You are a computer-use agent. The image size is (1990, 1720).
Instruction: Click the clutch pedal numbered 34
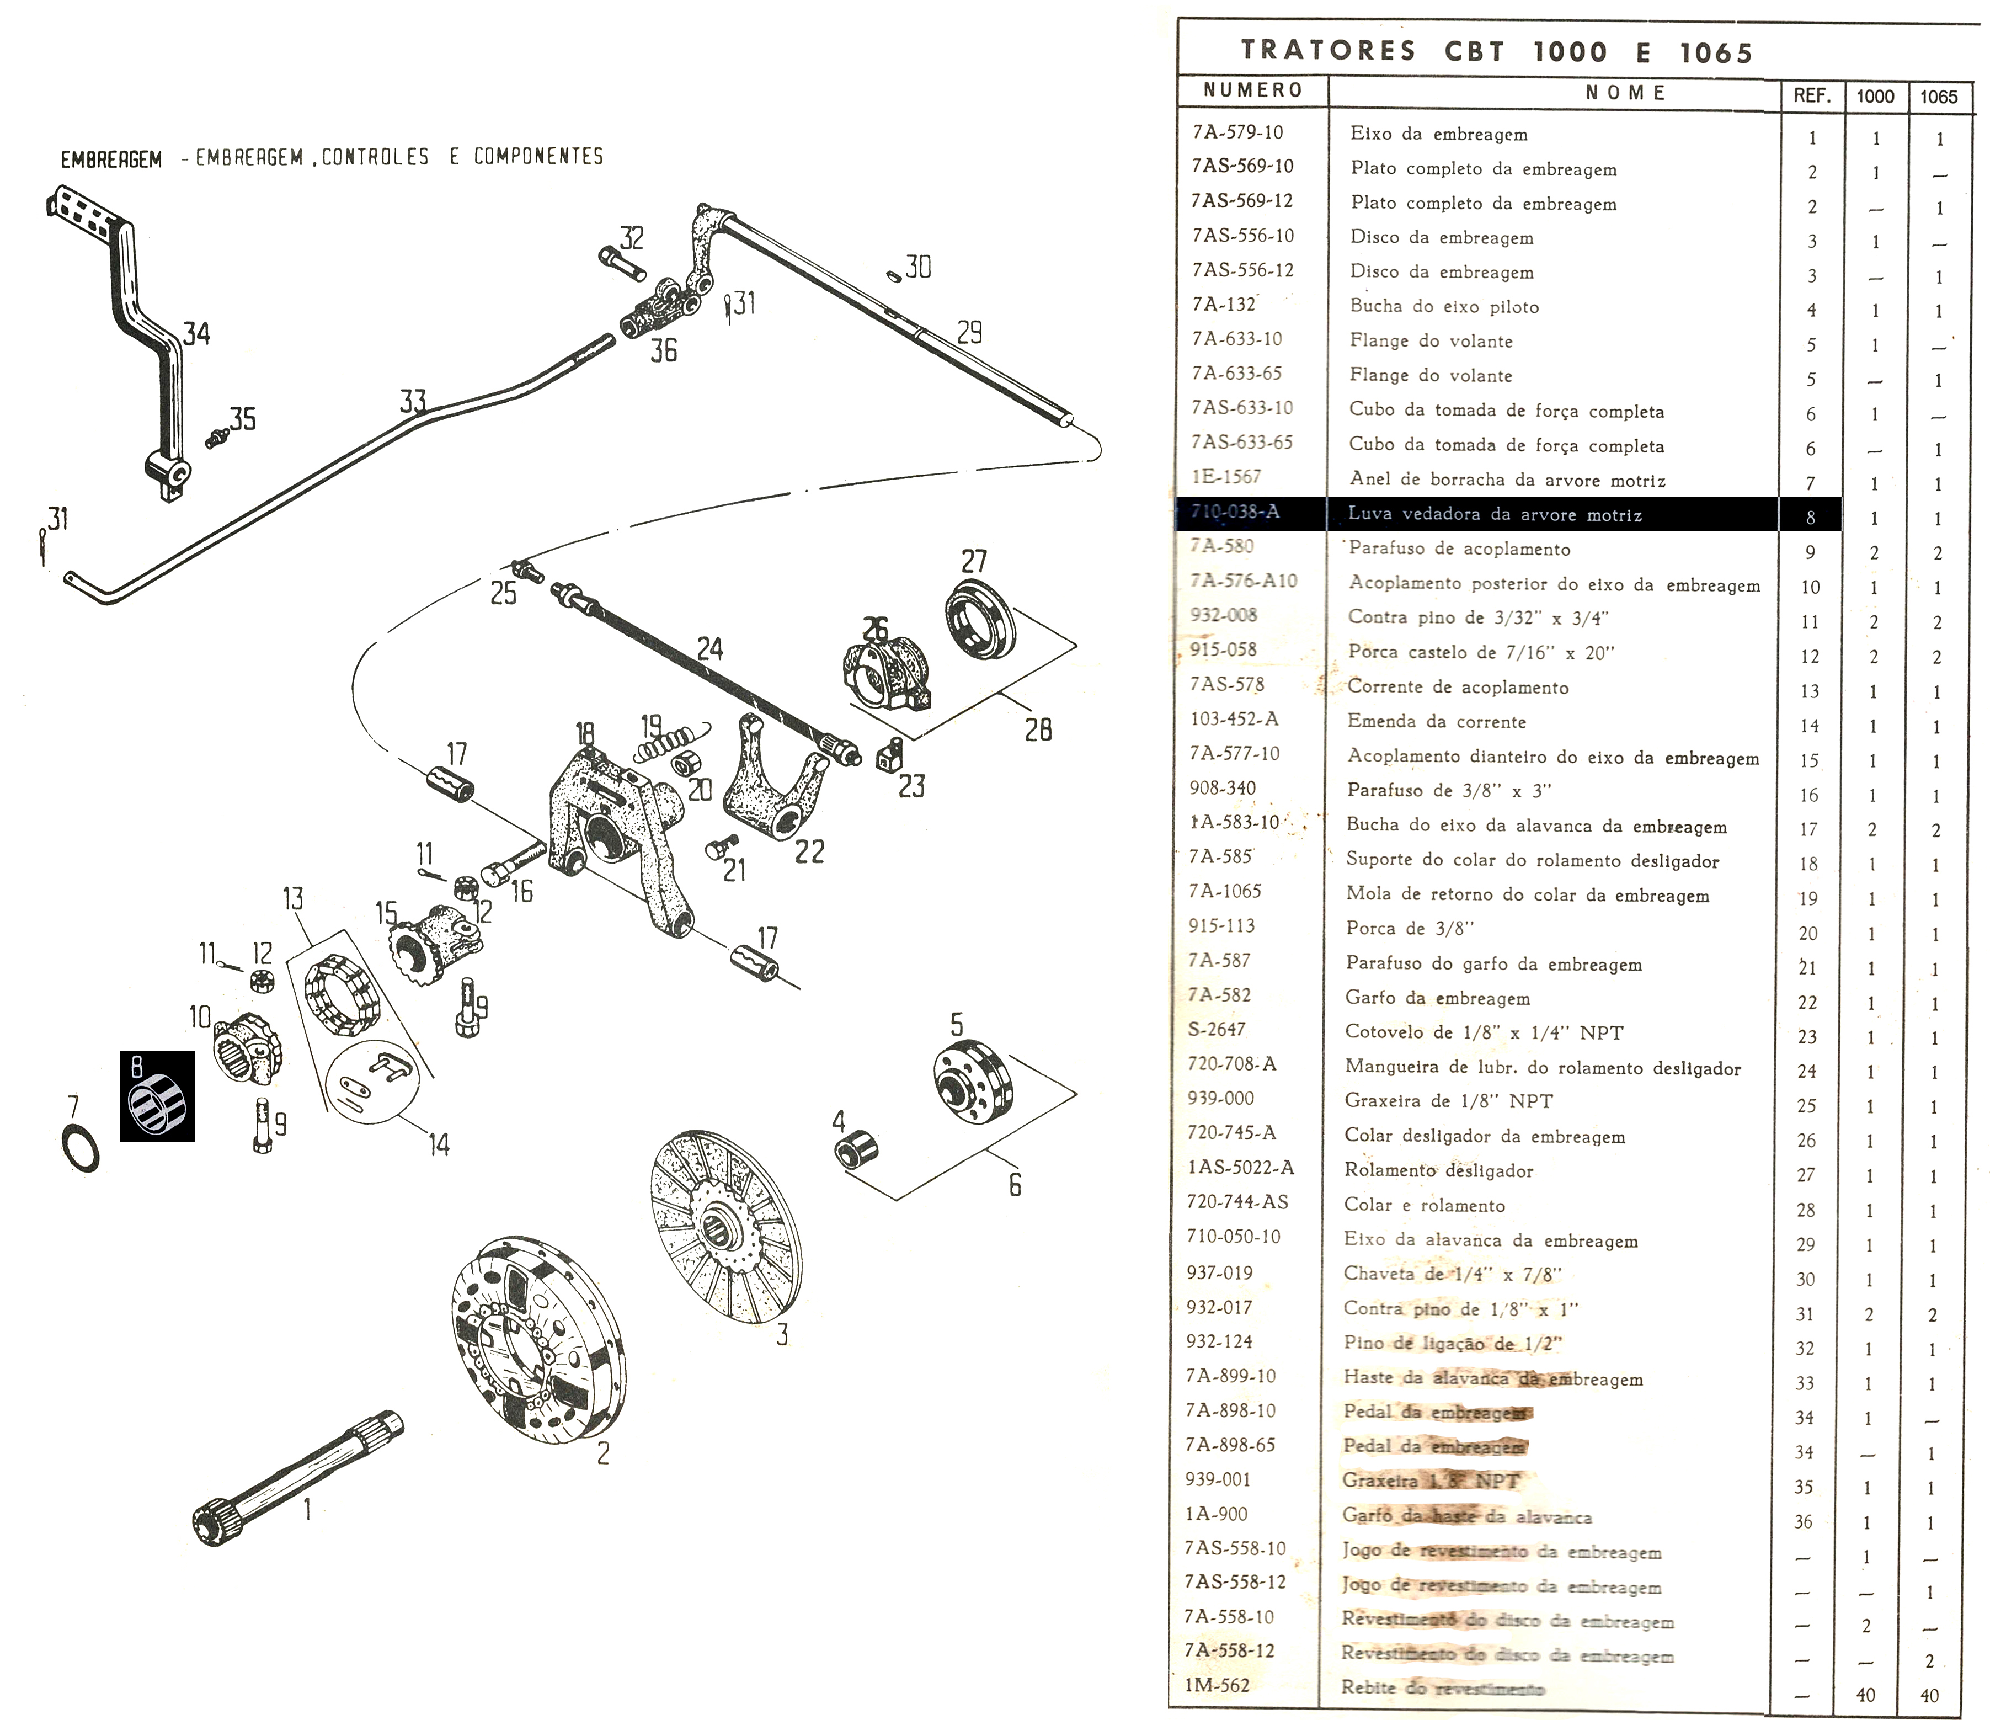135,307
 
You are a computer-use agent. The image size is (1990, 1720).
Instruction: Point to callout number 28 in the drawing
1038,730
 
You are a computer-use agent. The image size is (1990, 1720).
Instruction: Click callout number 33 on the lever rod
413,401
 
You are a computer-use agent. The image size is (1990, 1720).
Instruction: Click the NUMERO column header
1252,91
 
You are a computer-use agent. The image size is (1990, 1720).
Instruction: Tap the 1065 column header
1938,96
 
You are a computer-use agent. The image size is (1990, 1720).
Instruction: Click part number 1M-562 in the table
1217,1685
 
